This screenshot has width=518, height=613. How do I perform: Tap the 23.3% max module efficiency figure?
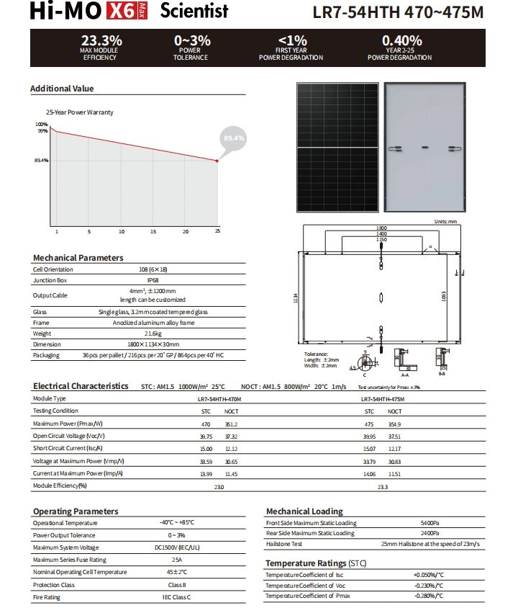click(x=101, y=41)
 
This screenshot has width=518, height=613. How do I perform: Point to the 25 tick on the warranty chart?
click(x=217, y=231)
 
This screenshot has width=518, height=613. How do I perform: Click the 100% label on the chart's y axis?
click(x=42, y=125)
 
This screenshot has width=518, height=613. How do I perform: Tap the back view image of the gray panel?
click(x=424, y=148)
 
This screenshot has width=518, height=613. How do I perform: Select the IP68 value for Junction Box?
click(x=153, y=280)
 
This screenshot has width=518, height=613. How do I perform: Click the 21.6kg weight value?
click(x=153, y=334)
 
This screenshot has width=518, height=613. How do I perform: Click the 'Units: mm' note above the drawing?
click(x=446, y=221)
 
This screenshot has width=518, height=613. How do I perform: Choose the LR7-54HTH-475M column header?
click(x=383, y=398)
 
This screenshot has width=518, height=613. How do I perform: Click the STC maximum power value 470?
click(x=206, y=424)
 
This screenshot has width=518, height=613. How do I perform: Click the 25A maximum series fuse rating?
click(x=176, y=560)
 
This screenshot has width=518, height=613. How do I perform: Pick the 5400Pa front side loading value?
click(x=430, y=523)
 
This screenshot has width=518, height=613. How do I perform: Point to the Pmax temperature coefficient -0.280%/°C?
click(x=429, y=596)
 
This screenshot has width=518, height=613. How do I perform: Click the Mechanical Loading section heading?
click(x=304, y=511)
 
